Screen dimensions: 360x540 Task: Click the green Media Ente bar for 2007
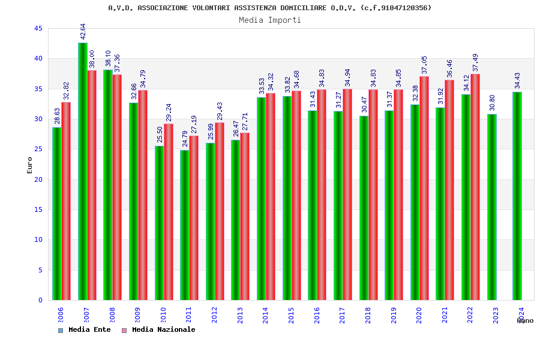pos(82,171)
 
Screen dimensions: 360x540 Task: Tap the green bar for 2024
pos(517,196)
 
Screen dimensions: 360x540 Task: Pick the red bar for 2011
pos(193,218)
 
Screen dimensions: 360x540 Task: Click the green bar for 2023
pos(492,207)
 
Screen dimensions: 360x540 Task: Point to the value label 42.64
pos(83,31)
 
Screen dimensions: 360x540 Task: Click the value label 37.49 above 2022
pos(476,62)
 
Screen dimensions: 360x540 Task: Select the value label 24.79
pos(185,139)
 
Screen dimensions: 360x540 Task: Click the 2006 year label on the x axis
pos(61,316)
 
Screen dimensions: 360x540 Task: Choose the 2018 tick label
pos(368,316)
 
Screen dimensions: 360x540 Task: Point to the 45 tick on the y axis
pos(38,29)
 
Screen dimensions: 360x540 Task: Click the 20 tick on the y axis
pos(38,179)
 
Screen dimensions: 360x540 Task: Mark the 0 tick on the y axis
pos(40,300)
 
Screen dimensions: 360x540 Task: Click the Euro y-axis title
pos(30,165)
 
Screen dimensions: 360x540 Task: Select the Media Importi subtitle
pos(270,20)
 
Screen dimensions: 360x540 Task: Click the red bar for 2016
pos(322,194)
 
